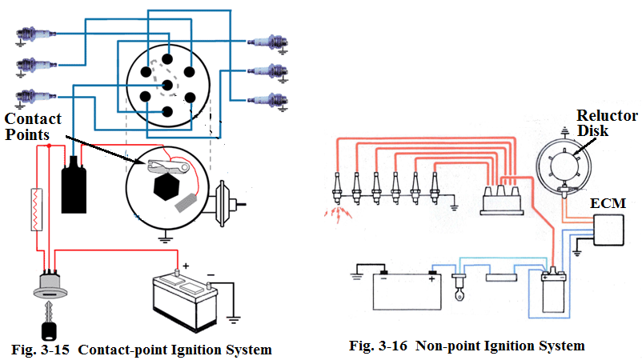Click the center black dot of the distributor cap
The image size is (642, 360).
[x=166, y=82]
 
